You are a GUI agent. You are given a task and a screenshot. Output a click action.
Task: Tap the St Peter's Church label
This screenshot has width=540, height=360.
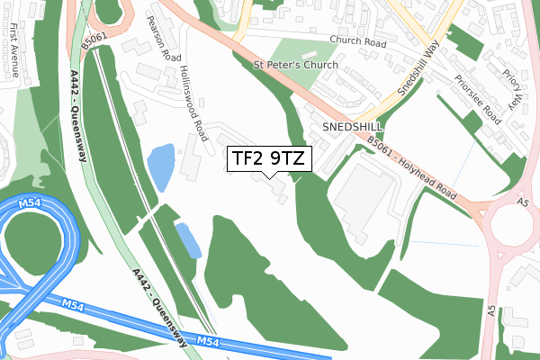pyautogui.click(x=296, y=66)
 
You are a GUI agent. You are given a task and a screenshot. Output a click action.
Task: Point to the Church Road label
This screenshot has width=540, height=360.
pyautogui.click(x=357, y=40)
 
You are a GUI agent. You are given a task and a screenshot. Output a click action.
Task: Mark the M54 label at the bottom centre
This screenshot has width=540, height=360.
pyautogui.click(x=209, y=342)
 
